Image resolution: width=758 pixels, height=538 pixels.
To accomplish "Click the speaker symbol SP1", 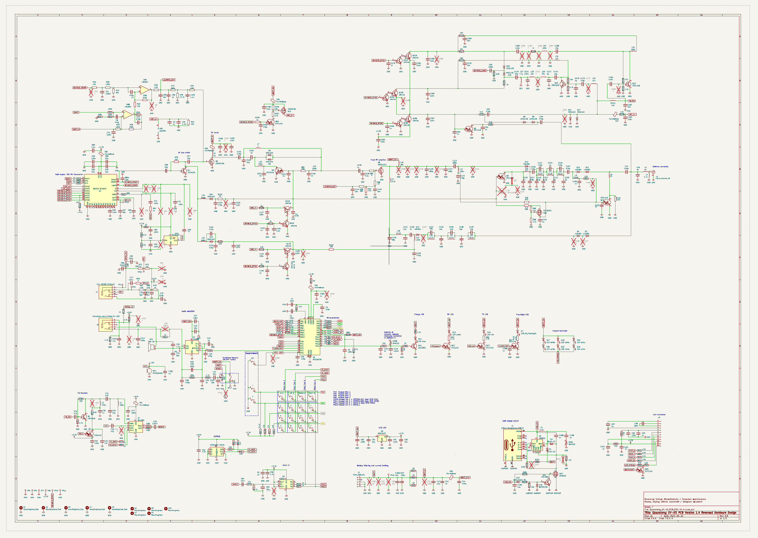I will [152, 347].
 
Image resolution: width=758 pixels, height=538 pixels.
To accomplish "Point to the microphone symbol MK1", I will [149, 371].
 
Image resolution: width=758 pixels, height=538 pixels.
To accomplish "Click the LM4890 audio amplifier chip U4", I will [192, 347].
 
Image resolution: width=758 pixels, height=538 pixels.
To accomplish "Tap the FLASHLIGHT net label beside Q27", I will [504, 346].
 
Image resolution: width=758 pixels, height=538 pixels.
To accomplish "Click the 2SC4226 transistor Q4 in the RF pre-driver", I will [185, 171].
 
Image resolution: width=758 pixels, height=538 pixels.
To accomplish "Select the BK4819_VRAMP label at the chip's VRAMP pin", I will [131, 182].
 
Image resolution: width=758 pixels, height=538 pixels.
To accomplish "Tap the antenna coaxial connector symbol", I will [653, 172].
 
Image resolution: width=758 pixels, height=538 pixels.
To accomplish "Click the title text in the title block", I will [690, 513].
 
